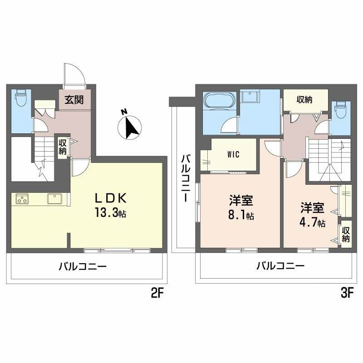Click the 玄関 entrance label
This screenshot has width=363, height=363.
click(74, 100)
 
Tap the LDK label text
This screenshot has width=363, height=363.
click(111, 198)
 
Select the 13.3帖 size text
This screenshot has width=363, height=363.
click(110, 212)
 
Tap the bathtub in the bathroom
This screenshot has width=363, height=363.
click(219, 100)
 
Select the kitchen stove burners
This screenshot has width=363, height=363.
click(22, 199)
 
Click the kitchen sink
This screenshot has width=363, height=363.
click(54, 199)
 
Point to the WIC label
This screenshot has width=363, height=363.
click(233, 154)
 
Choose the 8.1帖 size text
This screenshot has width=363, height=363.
click(241, 215)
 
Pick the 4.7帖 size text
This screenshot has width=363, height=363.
click(312, 222)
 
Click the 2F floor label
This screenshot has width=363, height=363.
click(157, 294)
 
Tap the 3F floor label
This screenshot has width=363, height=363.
click(347, 294)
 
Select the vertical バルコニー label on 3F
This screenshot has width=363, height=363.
click(186, 178)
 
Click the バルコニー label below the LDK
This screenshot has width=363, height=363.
click(83, 266)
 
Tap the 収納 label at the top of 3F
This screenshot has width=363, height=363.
click(304, 99)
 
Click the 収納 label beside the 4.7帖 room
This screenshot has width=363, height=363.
click(346, 234)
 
